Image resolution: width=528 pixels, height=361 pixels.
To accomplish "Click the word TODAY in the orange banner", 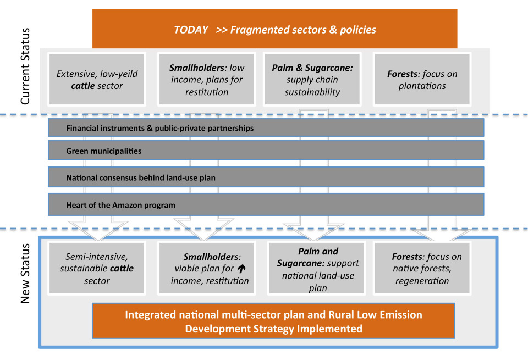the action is [191, 30].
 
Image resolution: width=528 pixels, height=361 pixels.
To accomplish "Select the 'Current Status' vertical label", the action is [25, 66].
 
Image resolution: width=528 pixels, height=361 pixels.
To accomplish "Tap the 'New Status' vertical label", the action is [25, 273].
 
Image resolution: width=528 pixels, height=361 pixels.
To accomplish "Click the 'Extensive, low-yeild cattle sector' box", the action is [97, 79].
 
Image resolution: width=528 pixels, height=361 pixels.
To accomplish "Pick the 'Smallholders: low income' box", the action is [206, 79].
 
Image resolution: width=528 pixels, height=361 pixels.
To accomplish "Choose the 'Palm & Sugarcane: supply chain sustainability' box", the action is [312, 79].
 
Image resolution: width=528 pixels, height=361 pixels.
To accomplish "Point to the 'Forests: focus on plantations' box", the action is [422, 79].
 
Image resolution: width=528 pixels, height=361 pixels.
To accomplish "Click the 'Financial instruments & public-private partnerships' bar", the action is [266, 127].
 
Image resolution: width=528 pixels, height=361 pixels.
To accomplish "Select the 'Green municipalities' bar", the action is [266, 151].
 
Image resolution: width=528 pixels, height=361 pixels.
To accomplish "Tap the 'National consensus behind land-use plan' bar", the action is [266, 177].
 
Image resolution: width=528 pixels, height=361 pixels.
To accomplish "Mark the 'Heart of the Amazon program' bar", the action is [266, 204].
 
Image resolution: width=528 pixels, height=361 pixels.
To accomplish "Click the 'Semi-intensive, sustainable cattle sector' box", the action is [97, 268].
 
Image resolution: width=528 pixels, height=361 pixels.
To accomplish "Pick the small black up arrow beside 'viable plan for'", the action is [241, 268].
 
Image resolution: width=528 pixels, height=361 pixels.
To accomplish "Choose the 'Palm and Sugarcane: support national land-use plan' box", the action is [317, 268].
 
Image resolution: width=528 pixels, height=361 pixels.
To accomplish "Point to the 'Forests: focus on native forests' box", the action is [422, 268].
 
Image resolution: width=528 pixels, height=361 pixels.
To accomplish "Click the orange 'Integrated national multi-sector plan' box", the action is [273, 321].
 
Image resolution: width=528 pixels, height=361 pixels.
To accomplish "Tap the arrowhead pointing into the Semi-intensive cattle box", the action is [98, 230].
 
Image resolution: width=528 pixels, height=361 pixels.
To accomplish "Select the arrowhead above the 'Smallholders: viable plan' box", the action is [204, 230].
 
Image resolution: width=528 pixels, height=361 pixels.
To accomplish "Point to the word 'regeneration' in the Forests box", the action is [422, 281].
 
